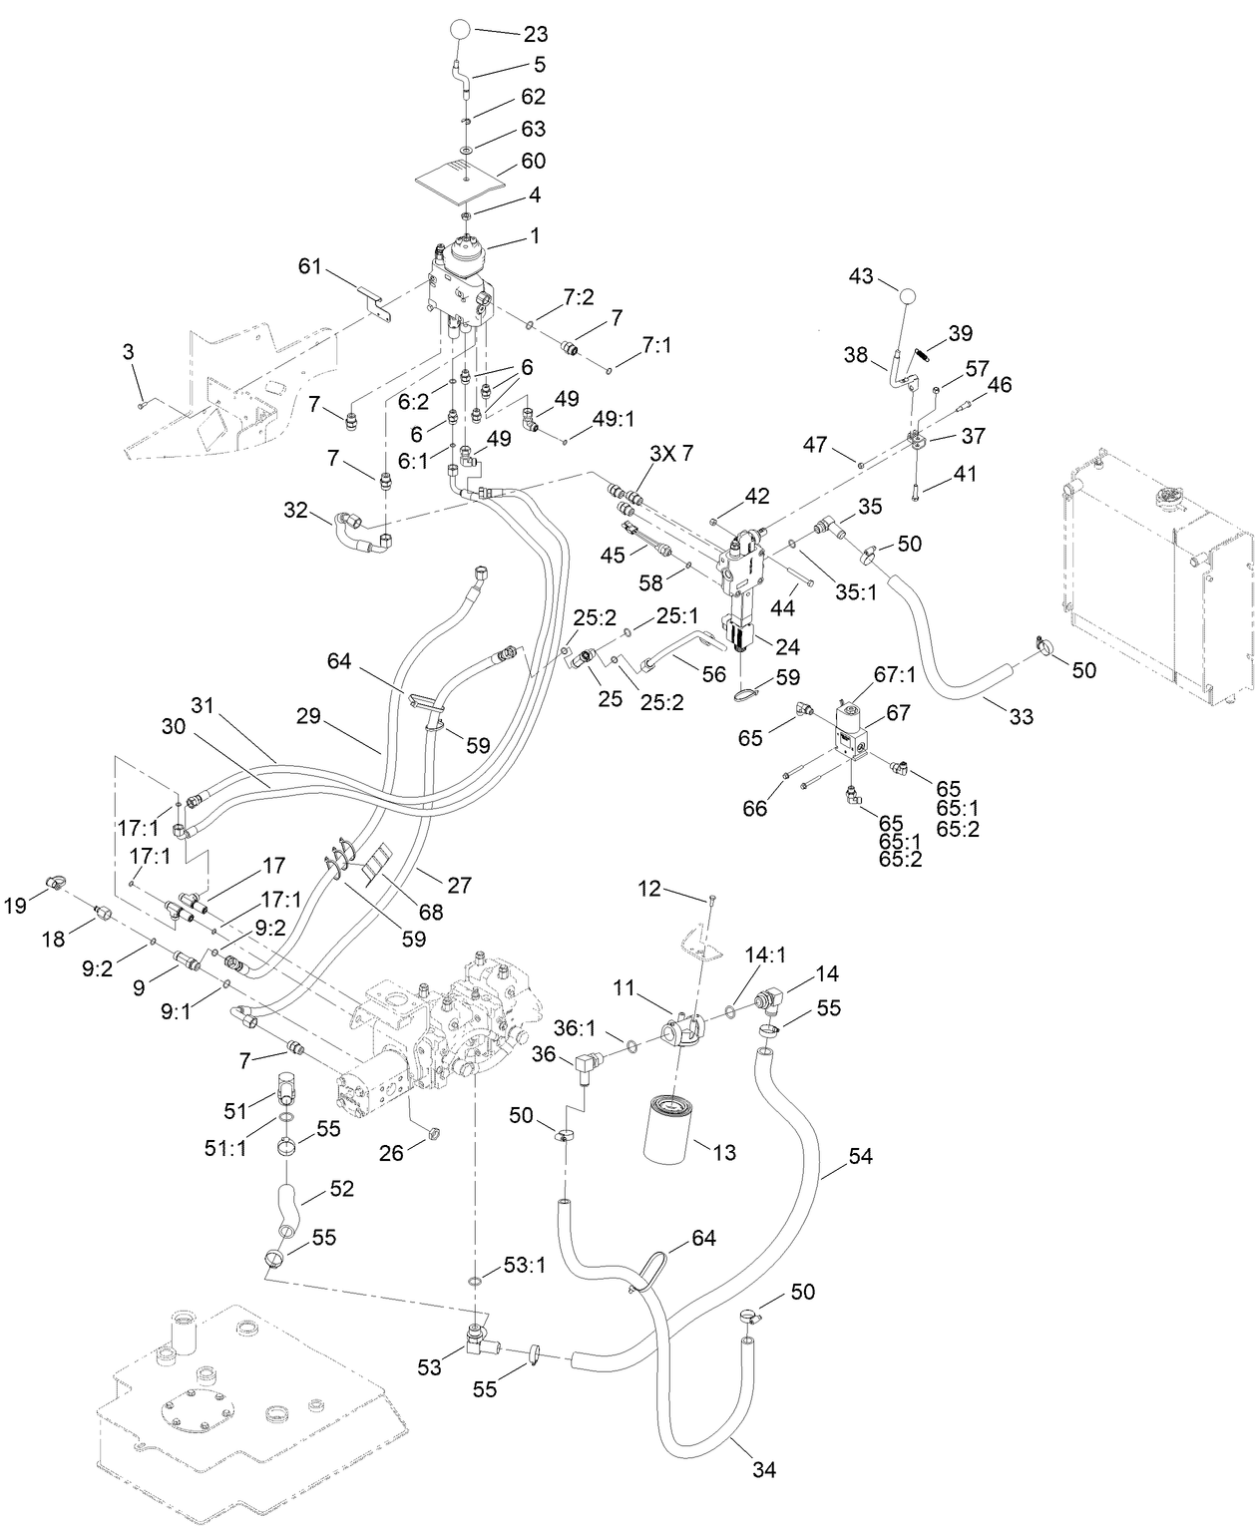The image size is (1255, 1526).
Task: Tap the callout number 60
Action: pyautogui.click(x=533, y=161)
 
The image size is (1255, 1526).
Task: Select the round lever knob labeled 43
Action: pyautogui.click(x=907, y=296)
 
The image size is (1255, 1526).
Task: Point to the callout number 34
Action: pyautogui.click(x=763, y=1468)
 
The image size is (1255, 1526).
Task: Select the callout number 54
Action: pyautogui.click(x=860, y=1156)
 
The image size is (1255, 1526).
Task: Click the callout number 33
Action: pyautogui.click(x=1021, y=715)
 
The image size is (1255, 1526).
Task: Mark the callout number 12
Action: pyautogui.click(x=650, y=888)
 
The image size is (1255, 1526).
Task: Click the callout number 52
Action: pyautogui.click(x=341, y=1190)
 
